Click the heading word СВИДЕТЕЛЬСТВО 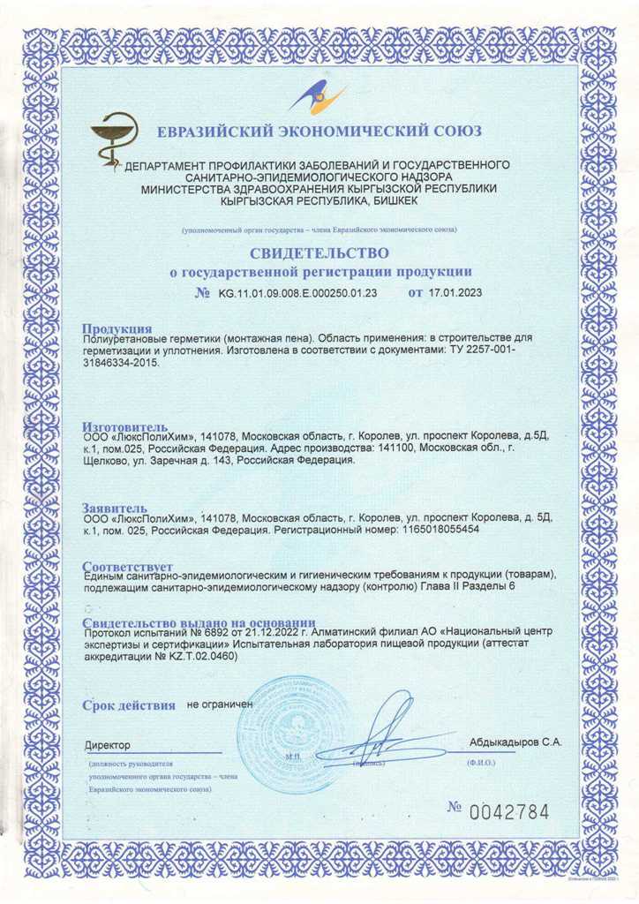pos(319,253)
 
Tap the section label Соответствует pos(129,566)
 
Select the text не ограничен pos(220,705)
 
